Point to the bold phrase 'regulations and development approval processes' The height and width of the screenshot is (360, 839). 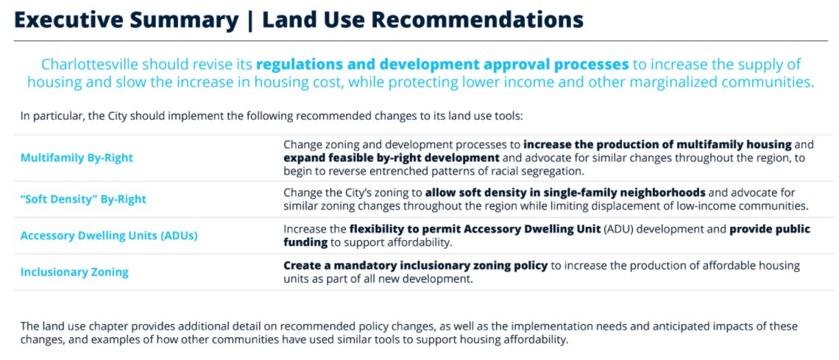(442, 64)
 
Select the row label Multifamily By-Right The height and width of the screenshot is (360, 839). (77, 158)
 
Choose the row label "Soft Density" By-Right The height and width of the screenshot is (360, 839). (83, 199)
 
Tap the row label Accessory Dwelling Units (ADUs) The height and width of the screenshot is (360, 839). (109, 236)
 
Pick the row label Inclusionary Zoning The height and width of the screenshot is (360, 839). (74, 272)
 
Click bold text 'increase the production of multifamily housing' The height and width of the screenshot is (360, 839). (657, 144)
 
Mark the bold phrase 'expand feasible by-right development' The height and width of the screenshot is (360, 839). (392, 158)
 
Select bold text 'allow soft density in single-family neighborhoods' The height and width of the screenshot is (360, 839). (565, 193)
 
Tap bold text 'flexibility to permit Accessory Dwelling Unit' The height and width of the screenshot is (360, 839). (475, 229)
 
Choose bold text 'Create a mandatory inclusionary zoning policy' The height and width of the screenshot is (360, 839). (415, 266)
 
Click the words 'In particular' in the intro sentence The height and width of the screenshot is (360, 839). (46, 116)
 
